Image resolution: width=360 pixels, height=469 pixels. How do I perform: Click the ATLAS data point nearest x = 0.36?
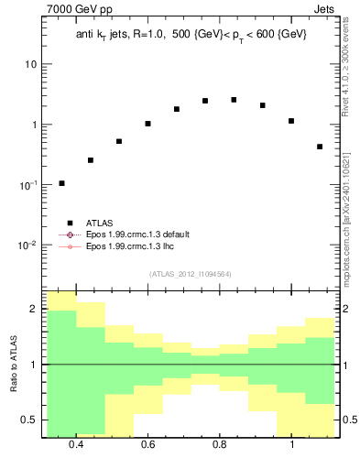61,183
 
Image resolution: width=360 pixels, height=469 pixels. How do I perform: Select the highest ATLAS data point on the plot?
234,100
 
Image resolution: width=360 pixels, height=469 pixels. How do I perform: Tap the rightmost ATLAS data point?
320,147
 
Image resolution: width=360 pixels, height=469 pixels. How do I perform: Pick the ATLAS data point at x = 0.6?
147,124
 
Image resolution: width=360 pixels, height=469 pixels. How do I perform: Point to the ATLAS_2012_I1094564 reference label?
189,274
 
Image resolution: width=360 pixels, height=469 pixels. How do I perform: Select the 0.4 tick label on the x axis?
76,445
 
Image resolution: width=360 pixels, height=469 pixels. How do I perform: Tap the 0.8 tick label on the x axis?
220,445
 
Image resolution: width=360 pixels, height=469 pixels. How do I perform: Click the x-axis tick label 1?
291,445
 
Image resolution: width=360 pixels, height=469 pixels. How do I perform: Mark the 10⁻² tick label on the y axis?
28,245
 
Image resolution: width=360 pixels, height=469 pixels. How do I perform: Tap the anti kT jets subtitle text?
191,35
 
